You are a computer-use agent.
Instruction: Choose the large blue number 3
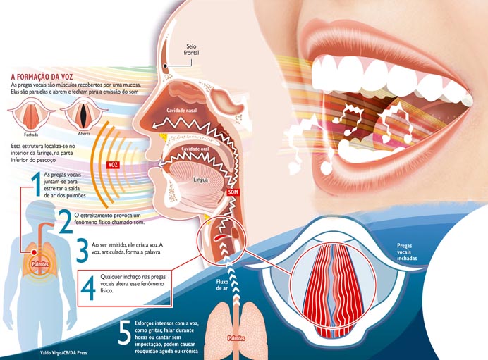point(82,250)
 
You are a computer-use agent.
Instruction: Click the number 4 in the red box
point(89,287)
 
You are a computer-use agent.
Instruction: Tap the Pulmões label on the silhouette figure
point(39,261)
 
